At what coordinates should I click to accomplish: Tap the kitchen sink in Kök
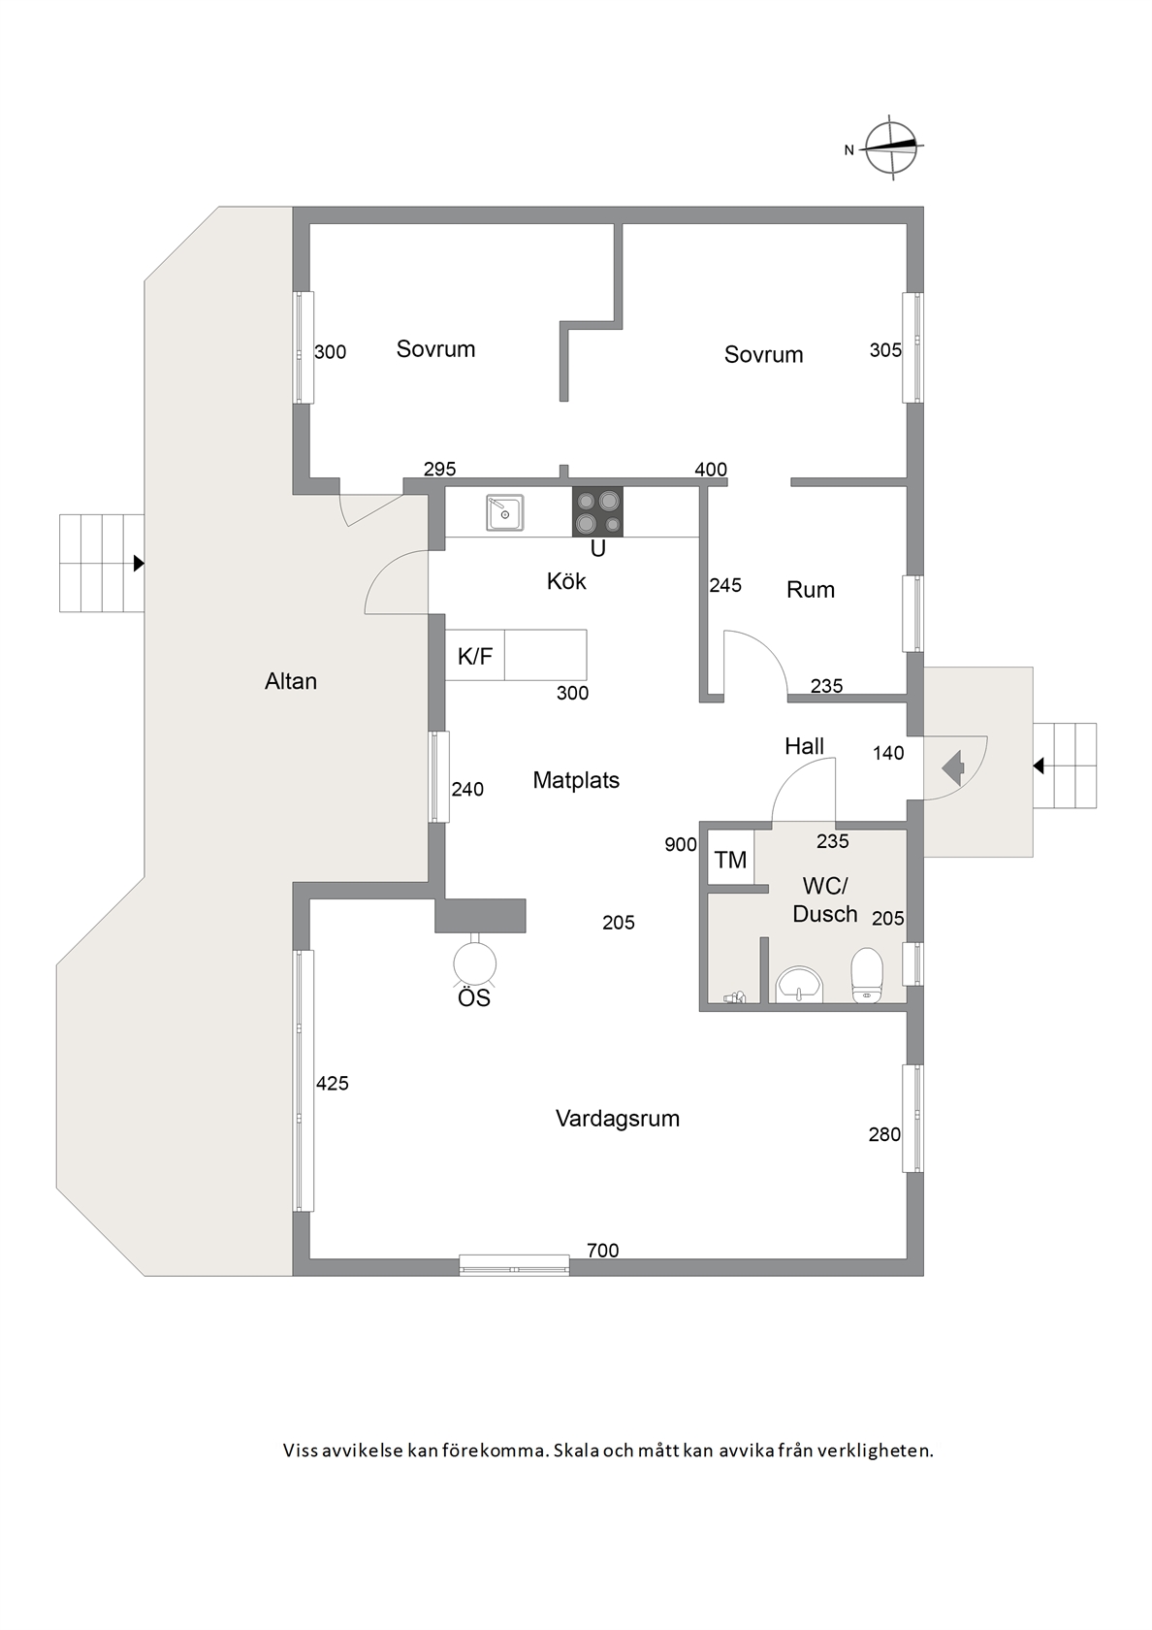(504, 512)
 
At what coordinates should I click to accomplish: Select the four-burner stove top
(597, 511)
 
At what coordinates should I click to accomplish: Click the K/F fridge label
(475, 656)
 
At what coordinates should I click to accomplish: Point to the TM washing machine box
(731, 859)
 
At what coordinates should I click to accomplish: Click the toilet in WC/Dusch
(866, 975)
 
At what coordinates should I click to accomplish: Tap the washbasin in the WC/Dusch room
(799, 986)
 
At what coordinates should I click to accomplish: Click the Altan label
(291, 682)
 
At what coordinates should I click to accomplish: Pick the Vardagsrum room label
(618, 1119)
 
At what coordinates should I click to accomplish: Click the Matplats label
(576, 781)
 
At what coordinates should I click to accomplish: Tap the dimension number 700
(603, 1250)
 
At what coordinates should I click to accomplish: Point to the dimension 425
(333, 1084)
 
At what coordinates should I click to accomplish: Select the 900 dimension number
(681, 845)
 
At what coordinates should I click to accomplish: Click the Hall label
(805, 747)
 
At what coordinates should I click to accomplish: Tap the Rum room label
(811, 590)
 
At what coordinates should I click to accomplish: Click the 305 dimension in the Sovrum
(886, 351)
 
